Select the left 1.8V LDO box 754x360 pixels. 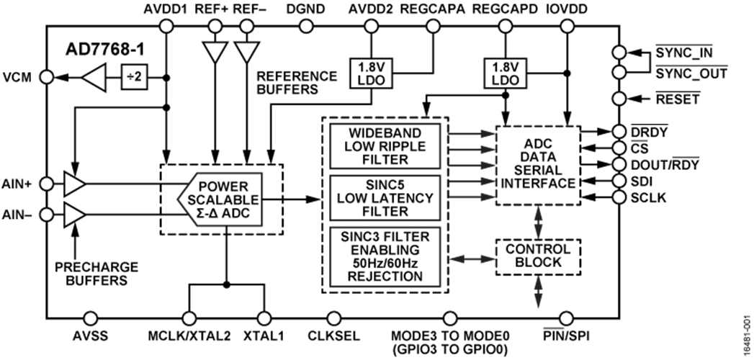click(x=371, y=73)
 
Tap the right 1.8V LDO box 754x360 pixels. click(x=505, y=73)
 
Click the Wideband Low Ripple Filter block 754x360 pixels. click(x=385, y=146)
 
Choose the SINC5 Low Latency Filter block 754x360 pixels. click(x=385, y=197)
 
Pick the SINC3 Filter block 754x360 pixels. click(x=385, y=256)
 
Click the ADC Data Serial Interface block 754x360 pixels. click(x=538, y=165)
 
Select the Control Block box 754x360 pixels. click(x=538, y=256)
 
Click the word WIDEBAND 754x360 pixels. click(x=385, y=134)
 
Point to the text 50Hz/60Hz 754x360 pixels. click(x=385, y=264)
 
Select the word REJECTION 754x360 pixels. click(x=385, y=276)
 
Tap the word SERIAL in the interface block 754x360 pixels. click(x=538, y=171)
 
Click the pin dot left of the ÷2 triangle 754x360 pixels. click(x=47, y=77)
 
